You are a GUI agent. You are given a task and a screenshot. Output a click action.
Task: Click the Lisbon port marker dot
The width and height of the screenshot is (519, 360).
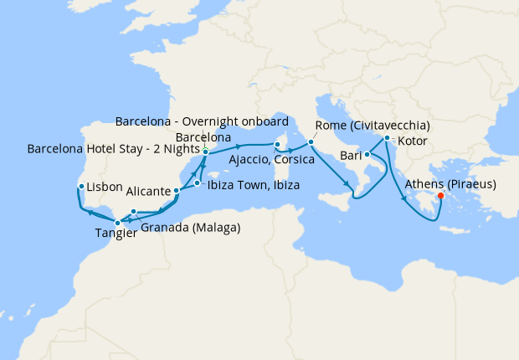81,187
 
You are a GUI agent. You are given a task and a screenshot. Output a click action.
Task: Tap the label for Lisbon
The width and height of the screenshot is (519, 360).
105,187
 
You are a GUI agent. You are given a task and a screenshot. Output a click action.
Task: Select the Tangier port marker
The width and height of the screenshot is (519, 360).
117,222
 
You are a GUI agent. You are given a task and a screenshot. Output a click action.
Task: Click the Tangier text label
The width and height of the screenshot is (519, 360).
110,234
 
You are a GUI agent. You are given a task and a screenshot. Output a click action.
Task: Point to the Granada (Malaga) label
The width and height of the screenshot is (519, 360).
191,227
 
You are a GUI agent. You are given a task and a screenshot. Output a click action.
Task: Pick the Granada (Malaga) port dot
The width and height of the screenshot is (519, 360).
134,212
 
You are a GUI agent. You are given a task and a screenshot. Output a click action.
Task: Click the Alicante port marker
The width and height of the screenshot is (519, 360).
177,192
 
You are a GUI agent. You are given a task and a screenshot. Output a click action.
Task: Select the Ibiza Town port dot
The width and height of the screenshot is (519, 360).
198,183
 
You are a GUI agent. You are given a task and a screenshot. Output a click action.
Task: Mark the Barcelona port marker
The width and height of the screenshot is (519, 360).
205,152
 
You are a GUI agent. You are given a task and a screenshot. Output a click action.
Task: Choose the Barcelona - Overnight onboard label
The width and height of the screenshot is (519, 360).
202,120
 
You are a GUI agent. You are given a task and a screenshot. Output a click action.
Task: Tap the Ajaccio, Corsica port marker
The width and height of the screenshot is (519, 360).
277,145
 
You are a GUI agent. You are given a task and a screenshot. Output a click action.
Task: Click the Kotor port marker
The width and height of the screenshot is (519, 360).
386,139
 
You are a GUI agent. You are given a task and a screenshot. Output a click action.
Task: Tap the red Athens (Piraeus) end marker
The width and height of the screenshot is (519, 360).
441,198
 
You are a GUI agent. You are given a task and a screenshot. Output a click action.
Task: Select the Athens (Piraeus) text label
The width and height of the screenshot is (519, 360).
450,183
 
